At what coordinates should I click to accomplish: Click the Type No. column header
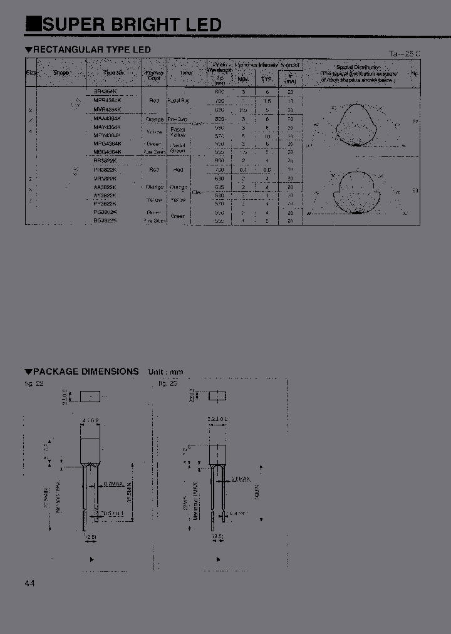[113, 73]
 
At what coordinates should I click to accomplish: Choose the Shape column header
[61, 73]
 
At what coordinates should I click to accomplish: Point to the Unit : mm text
[165, 372]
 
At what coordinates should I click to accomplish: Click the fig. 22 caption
[34, 383]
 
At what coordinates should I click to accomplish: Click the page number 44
[30, 583]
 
